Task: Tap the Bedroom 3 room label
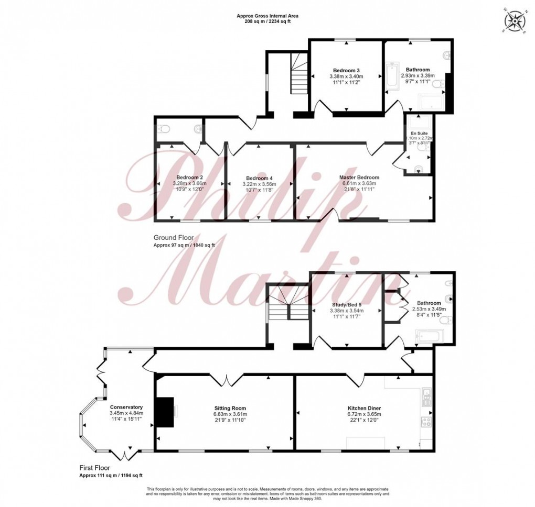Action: pos(346,70)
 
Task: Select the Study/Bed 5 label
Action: pos(346,304)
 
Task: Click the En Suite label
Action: pos(419,135)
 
